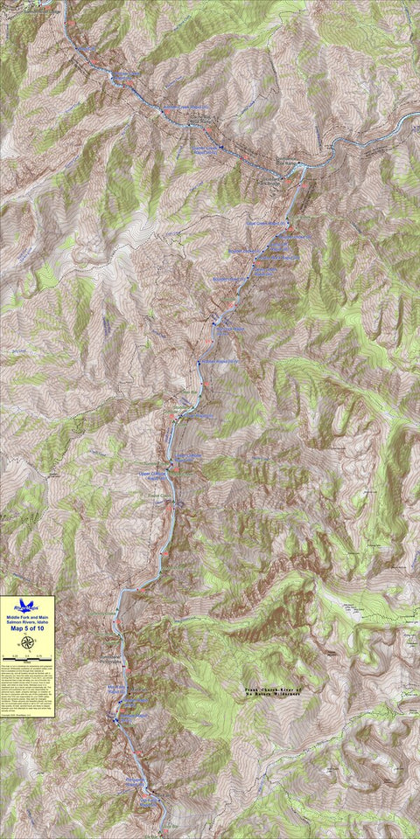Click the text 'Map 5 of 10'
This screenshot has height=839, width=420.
[x=27, y=628]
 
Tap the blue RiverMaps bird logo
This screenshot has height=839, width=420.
[x=27, y=605]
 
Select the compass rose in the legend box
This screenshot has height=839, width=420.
[x=27, y=641]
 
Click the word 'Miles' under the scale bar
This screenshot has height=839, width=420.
[x=27, y=662]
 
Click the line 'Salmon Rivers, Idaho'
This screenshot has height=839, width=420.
[x=27, y=621]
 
